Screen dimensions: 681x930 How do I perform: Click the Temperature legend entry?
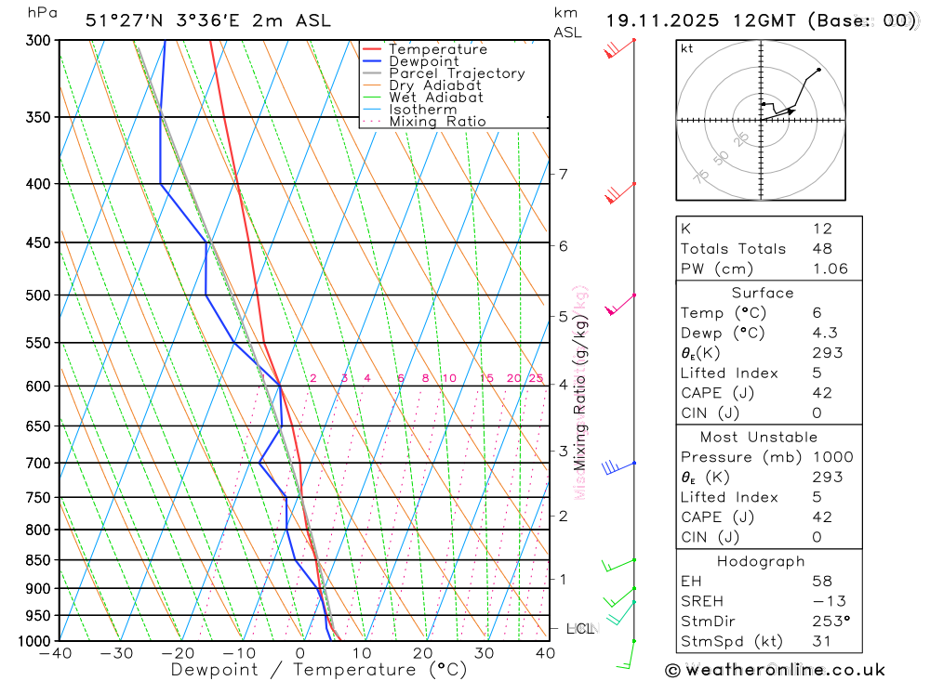coord(437,49)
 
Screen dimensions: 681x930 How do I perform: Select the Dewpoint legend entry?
coord(424,61)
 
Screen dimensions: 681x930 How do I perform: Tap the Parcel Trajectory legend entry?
coord(457,73)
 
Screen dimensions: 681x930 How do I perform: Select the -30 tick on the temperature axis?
coord(117,653)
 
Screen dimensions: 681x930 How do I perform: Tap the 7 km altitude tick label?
coord(563,174)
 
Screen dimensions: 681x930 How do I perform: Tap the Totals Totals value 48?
coord(822,248)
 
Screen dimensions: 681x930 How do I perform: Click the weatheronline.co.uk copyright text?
coord(775,670)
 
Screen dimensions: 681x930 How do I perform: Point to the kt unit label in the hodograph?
coord(687,48)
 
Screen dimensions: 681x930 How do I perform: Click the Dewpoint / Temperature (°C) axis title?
coord(319,669)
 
